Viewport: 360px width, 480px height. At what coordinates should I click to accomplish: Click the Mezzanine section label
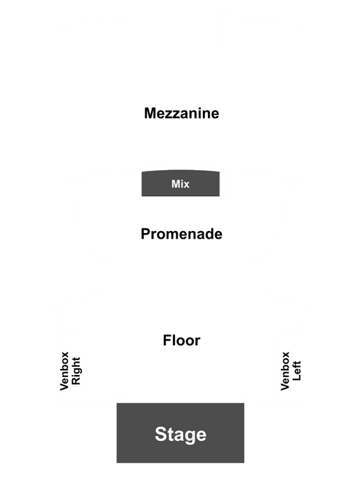click(182, 113)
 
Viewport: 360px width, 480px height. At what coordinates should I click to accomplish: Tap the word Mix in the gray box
click(180, 184)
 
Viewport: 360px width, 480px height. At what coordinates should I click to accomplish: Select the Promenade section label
click(182, 235)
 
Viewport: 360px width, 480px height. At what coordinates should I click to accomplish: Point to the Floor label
click(182, 340)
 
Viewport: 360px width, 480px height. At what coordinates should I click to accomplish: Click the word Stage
click(180, 435)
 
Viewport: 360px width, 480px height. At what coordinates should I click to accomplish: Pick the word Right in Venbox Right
click(75, 371)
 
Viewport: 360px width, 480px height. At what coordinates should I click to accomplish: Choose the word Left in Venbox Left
click(297, 371)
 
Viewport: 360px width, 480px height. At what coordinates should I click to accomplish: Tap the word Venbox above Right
click(64, 371)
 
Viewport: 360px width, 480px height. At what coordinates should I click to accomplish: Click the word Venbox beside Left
click(285, 371)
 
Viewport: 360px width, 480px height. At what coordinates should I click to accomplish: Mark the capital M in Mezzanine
click(150, 113)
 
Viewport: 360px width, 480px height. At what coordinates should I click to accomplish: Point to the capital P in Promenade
click(145, 235)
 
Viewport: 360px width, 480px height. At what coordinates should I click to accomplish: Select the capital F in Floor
click(167, 340)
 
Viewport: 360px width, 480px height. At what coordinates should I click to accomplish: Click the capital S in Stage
click(160, 434)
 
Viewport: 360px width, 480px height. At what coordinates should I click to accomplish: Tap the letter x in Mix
click(187, 185)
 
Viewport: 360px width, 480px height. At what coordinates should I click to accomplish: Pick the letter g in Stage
click(190, 437)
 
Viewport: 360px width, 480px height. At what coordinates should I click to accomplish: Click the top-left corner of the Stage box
click(117, 403)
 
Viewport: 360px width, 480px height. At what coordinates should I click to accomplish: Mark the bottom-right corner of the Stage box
click(244, 463)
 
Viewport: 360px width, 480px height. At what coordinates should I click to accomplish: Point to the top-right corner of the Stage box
click(244, 403)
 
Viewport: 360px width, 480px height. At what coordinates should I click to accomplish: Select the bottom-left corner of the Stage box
click(117, 463)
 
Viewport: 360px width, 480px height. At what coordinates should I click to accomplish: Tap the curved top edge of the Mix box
click(180, 170)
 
